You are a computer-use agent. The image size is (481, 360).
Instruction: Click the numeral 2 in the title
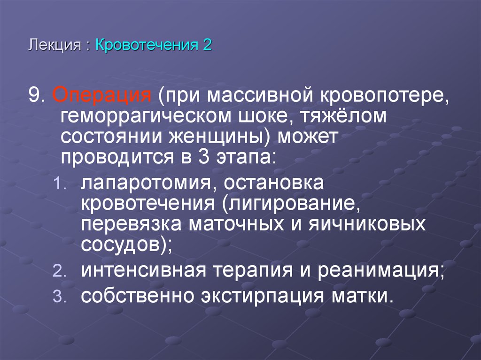coord(207,46)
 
